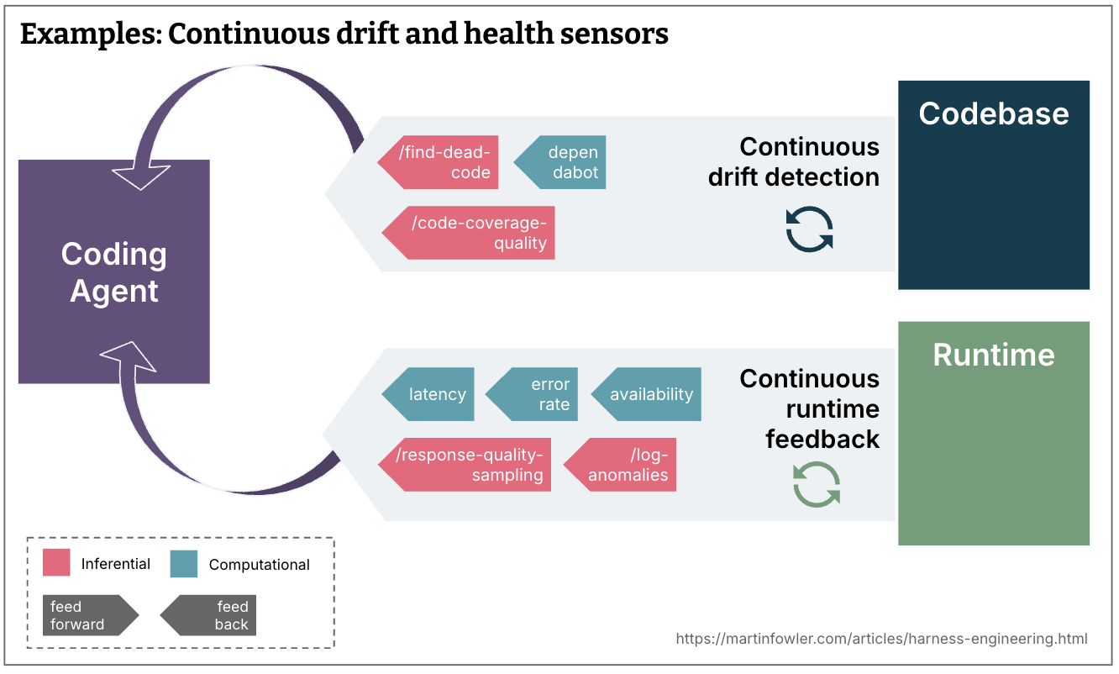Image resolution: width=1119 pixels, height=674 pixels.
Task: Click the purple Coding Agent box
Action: [114, 271]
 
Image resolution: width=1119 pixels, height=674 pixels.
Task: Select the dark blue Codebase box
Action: [993, 185]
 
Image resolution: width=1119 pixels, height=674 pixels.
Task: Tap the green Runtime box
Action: [993, 433]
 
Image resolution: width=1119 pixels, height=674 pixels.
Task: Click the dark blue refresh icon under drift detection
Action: [809, 229]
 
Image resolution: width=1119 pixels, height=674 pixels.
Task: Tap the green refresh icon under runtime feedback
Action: [817, 485]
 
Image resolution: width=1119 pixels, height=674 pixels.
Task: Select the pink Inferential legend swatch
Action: [56, 563]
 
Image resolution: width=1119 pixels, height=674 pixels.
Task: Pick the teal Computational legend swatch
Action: [183, 563]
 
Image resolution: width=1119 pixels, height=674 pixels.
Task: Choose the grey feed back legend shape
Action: [210, 615]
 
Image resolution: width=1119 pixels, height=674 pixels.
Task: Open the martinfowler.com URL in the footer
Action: [881, 639]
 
